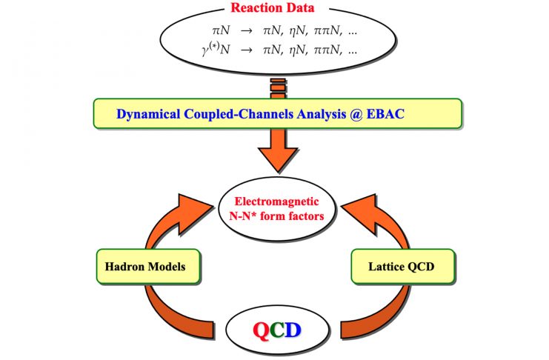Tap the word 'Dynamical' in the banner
(x=147, y=115)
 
